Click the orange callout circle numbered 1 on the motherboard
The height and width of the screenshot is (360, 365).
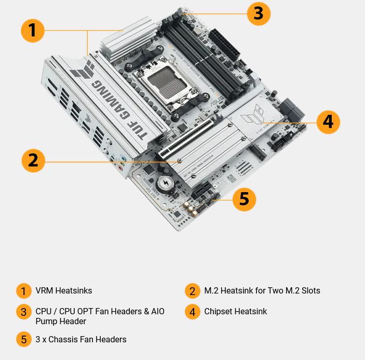pos(33,31)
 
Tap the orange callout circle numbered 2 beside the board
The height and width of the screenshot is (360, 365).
pos(33,161)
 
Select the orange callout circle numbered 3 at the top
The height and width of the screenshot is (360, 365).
pos(259,13)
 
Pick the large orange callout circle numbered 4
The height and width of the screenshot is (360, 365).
pos(328,122)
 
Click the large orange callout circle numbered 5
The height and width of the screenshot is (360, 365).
pos(244,199)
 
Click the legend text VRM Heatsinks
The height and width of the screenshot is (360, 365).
pos(64,290)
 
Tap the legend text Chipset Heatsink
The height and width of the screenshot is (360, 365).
pos(236,312)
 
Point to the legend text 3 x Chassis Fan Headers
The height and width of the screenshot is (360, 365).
pos(81,339)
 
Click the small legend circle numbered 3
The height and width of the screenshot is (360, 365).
pos(24,312)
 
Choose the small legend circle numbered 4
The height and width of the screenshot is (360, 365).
pos(192,312)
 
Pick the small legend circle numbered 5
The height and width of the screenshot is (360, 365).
pos(24,340)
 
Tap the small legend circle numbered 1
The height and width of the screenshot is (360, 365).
pos(24,291)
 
